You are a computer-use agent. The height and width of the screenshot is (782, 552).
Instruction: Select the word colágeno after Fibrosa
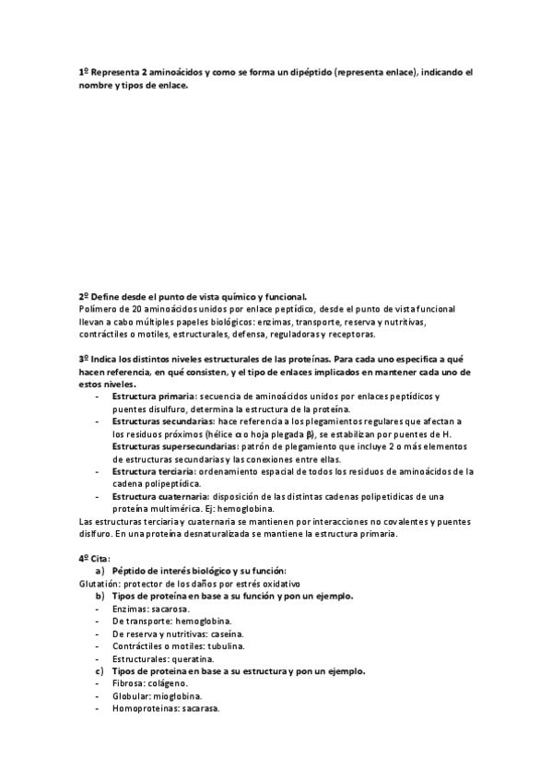(x=167, y=683)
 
